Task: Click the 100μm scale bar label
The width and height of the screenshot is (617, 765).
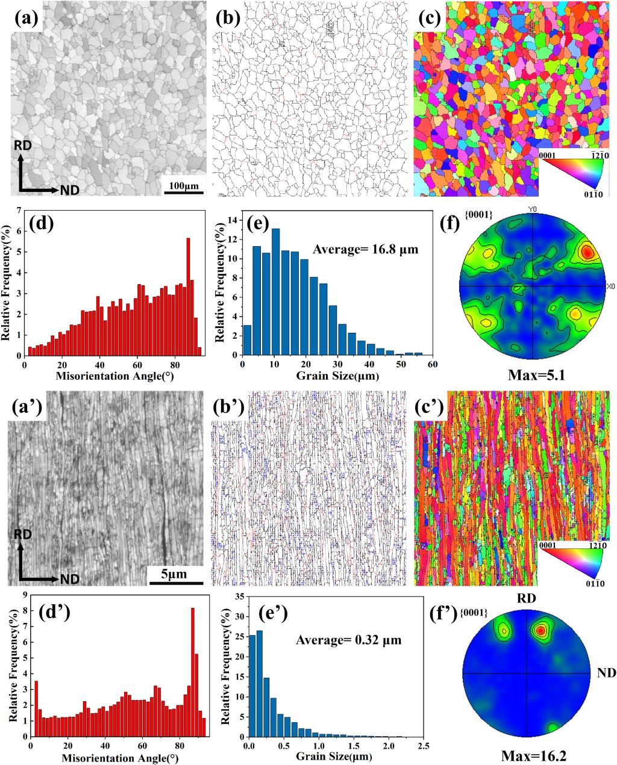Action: click(x=184, y=186)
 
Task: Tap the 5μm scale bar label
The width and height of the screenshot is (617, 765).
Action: click(x=174, y=574)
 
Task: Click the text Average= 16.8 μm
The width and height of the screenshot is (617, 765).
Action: click(x=365, y=249)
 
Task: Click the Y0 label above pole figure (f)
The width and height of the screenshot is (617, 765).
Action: click(x=532, y=209)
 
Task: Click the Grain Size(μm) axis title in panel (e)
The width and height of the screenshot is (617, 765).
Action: click(x=337, y=376)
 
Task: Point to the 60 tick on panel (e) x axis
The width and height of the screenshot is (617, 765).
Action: click(x=433, y=364)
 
